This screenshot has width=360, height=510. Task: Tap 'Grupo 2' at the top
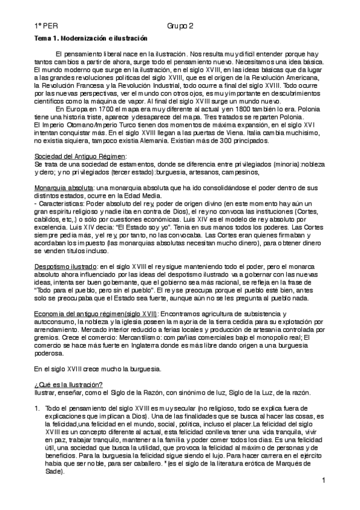tap(180, 27)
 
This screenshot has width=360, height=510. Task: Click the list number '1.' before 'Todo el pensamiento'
tap(37, 408)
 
